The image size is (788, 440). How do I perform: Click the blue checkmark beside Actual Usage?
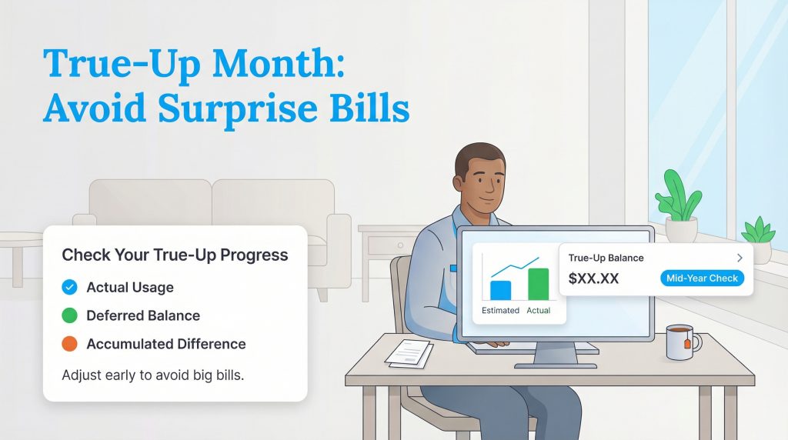69,288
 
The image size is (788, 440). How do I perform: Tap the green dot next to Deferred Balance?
69,315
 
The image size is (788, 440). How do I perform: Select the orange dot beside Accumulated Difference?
69,344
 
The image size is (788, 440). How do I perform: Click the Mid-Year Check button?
702,278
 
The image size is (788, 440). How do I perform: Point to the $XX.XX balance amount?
593,278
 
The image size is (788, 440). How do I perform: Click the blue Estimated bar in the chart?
500,290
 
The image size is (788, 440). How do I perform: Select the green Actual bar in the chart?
538,284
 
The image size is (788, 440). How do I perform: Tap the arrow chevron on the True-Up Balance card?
740,258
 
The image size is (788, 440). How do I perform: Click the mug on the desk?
680,342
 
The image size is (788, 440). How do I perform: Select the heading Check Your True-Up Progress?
175,255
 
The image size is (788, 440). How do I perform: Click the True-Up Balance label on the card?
606,258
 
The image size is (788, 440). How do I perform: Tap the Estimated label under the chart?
500,310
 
